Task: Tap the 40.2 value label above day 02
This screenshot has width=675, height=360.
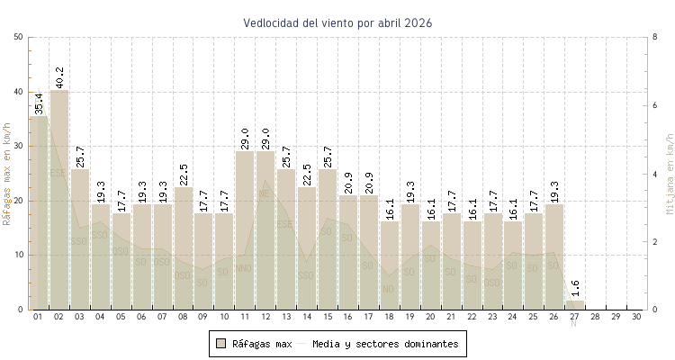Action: (59, 76)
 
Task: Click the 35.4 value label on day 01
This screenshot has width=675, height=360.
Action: (39, 103)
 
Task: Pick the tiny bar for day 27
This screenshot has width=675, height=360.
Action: (574, 305)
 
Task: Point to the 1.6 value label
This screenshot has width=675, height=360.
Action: (575, 290)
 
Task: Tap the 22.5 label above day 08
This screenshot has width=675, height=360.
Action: (184, 173)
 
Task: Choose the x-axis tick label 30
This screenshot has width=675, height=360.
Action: (636, 317)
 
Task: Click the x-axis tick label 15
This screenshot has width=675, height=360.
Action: (327, 317)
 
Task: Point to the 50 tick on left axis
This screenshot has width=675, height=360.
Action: (19, 37)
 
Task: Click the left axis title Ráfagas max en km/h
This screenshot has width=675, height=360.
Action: (8, 173)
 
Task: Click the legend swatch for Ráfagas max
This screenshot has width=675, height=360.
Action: (220, 343)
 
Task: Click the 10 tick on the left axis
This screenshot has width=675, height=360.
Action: (19, 255)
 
